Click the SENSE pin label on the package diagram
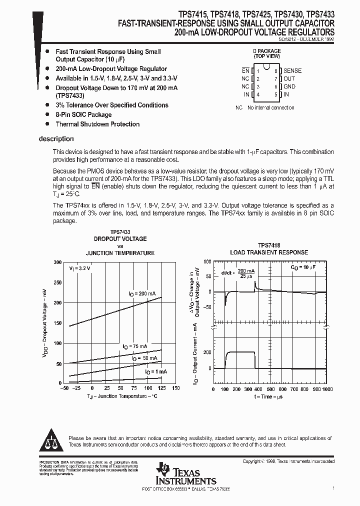click(292, 71)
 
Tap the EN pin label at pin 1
click(245, 71)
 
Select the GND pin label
click(289, 86)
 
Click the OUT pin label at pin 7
click(289, 78)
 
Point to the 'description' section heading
click(56, 139)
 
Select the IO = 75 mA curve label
click(135, 346)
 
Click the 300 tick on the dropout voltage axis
click(57, 262)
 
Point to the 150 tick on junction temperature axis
click(175, 388)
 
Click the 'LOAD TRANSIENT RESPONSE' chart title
click(268, 252)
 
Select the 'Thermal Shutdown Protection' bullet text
click(97, 124)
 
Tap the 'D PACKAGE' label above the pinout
click(266, 51)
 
